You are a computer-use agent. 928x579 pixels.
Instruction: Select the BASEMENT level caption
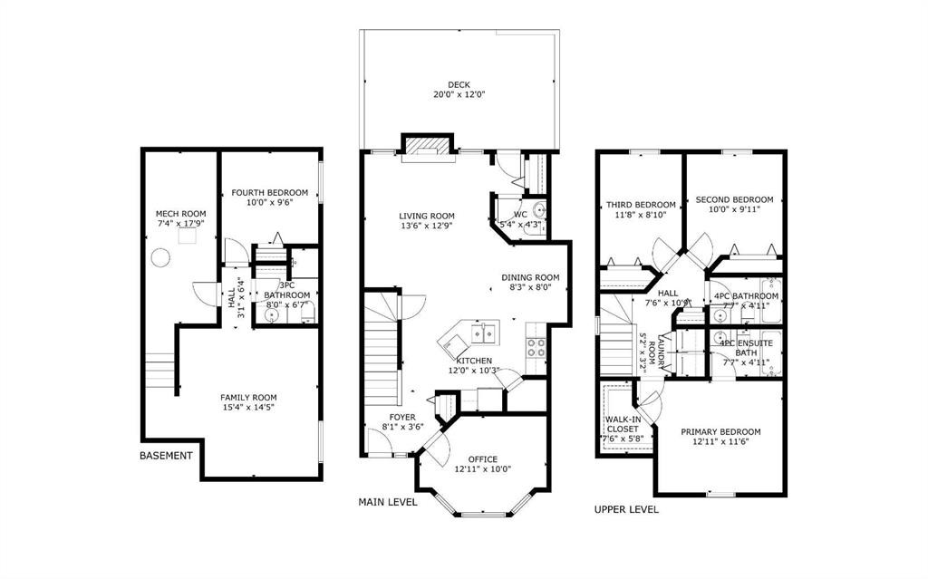(166, 456)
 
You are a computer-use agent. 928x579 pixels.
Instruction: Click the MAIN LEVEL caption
(388, 501)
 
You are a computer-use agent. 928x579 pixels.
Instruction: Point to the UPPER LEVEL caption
(626, 509)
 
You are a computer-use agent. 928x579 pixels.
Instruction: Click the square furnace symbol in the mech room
(188, 236)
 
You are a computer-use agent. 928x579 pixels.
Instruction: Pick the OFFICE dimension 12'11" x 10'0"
(482, 469)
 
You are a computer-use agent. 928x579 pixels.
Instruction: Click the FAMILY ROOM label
(248, 397)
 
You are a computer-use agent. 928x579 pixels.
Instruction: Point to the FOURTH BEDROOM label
(269, 192)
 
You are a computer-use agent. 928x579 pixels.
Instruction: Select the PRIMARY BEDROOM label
(720, 431)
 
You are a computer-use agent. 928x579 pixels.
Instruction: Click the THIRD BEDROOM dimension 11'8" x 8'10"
(641, 216)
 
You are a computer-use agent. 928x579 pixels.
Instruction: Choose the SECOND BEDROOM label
(734, 199)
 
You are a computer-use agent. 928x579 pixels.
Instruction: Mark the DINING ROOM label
(531, 277)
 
